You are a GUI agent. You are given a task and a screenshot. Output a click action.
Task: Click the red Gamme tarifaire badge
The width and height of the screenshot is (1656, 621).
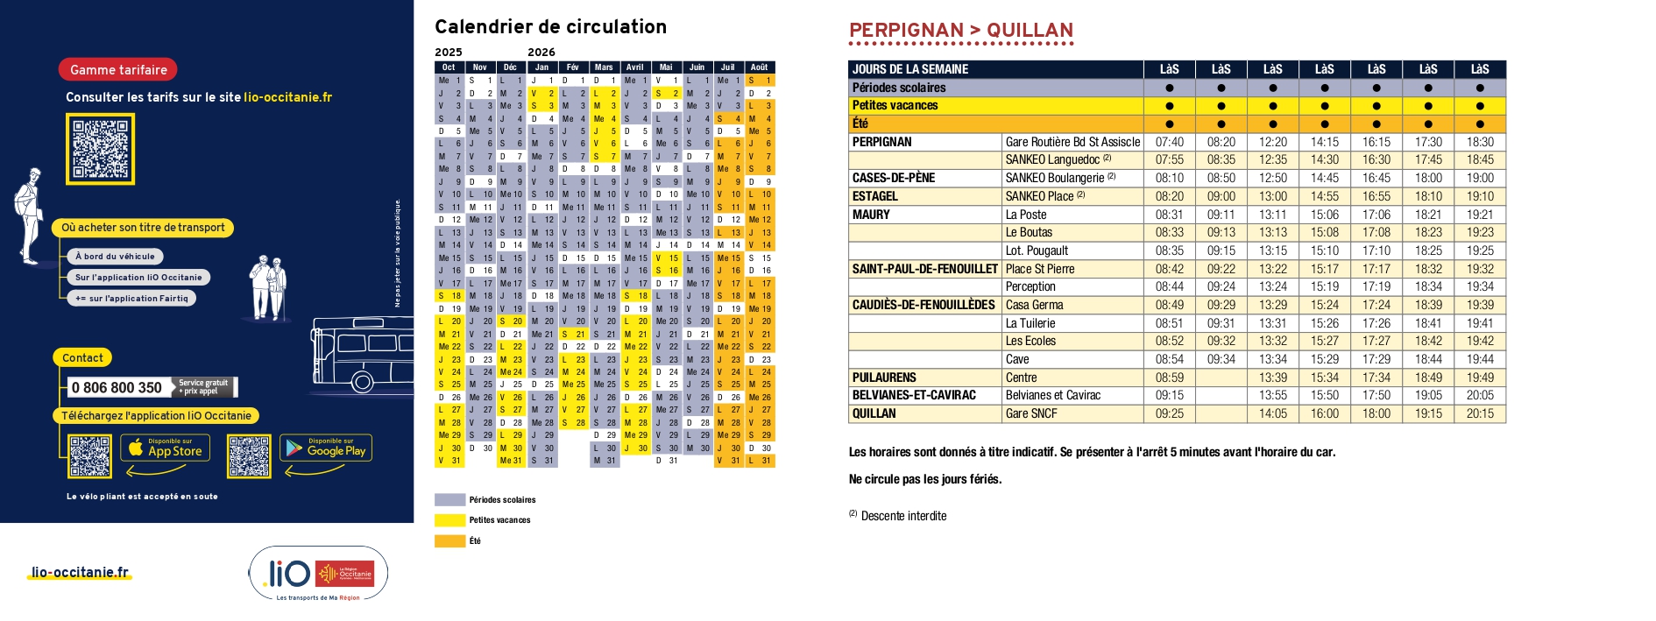click(x=118, y=70)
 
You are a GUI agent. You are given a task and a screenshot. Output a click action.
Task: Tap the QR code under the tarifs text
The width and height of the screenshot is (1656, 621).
click(x=101, y=149)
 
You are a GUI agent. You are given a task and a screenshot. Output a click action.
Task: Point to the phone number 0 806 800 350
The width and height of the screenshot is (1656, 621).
click(x=117, y=387)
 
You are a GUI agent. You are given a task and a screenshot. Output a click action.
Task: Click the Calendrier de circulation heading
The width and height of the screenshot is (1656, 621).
click(x=550, y=27)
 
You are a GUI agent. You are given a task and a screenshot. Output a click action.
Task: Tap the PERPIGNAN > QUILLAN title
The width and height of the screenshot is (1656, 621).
click(x=960, y=31)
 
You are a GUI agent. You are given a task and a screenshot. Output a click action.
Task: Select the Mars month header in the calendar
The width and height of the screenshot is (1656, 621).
click(x=604, y=67)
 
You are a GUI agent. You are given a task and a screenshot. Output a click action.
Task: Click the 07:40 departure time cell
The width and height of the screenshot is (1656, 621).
click(x=1169, y=142)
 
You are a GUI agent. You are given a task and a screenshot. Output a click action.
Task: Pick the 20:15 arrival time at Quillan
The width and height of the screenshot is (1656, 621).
click(x=1480, y=413)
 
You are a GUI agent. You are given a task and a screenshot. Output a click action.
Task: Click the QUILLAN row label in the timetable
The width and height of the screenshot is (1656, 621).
click(x=874, y=413)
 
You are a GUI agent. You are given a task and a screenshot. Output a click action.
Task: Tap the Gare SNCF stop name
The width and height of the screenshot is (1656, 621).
click(x=1031, y=413)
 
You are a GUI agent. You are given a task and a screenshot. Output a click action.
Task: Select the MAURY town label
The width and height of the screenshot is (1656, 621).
click(x=871, y=215)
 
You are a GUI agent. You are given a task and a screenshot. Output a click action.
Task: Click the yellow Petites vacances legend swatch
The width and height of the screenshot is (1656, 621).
click(x=449, y=520)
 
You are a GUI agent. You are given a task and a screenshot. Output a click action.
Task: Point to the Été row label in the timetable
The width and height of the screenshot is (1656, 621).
click(x=860, y=123)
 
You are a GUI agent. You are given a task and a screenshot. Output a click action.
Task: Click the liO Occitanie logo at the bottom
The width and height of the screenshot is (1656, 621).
click(x=318, y=575)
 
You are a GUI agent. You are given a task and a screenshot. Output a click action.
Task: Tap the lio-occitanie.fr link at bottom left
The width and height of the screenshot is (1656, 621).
click(x=80, y=573)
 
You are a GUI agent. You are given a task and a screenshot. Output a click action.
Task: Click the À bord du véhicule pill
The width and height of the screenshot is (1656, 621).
click(x=115, y=257)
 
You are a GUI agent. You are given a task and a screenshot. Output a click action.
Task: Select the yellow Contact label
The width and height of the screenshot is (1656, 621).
click(x=82, y=357)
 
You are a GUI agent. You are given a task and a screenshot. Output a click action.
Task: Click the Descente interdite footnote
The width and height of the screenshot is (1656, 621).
click(x=902, y=516)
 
